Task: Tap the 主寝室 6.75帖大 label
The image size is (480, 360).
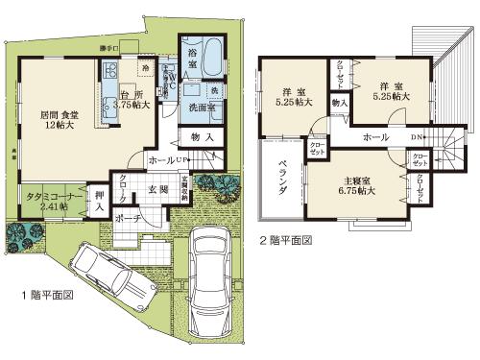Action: click(357, 185)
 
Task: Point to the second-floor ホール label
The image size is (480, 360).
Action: click(375, 136)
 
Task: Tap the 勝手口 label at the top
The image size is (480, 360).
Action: click(109, 47)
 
